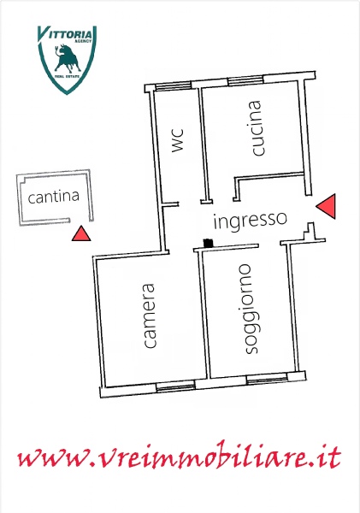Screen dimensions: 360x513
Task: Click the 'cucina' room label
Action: pos(256,128)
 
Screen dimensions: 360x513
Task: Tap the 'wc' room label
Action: pos(178,140)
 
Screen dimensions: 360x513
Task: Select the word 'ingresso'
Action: pos(251,220)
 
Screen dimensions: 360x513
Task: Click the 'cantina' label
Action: pos(54,197)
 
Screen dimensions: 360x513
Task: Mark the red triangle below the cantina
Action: pos(81,233)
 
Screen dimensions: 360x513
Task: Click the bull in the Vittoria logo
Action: pos(68,58)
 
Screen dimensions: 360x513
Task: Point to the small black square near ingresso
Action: pos(208,243)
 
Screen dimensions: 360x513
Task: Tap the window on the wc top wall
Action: pos(173,85)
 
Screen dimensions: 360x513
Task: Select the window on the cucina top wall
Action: pos(245,80)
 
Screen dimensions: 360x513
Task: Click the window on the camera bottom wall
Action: pos(175,386)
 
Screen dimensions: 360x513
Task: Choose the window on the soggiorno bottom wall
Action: pos(267,380)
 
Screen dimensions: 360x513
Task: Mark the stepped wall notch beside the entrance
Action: pos(310,232)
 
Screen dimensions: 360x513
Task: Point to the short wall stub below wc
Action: pos(170,205)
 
